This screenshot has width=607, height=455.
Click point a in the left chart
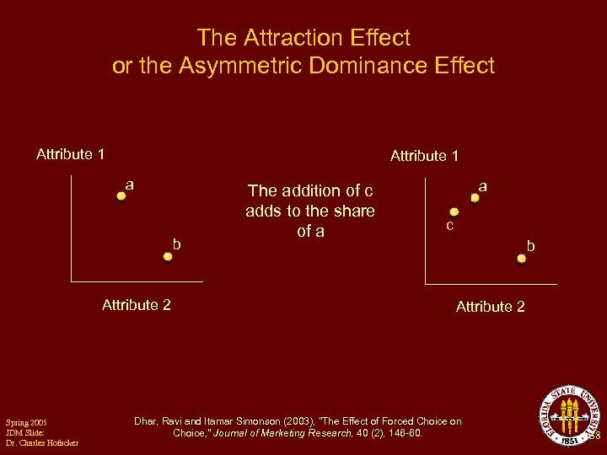(x=121, y=195)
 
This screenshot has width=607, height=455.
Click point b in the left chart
(x=168, y=256)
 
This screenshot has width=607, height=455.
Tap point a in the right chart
(x=475, y=198)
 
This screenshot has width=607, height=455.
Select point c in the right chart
(x=454, y=212)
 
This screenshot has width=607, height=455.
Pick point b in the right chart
(x=521, y=259)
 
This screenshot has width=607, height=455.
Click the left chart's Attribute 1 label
(x=71, y=154)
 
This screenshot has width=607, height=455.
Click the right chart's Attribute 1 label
(x=424, y=156)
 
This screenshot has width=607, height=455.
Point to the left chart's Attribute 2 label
(x=136, y=305)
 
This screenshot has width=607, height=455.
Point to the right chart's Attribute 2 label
(x=490, y=307)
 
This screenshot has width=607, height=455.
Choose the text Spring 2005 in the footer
(x=26, y=421)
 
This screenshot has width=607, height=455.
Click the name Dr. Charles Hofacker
(x=41, y=443)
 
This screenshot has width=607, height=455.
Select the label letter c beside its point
(x=450, y=227)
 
